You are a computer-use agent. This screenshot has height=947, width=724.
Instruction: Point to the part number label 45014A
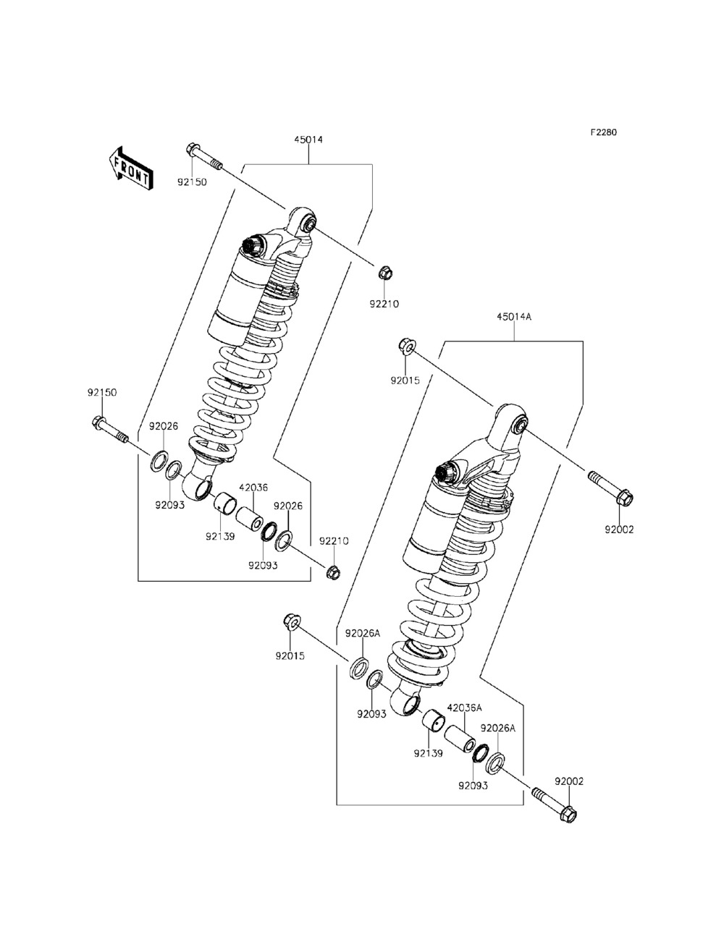tap(514, 316)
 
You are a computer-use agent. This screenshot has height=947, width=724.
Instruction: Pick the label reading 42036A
tap(464, 708)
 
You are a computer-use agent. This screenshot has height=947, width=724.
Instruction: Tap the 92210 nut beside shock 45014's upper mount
tap(384, 273)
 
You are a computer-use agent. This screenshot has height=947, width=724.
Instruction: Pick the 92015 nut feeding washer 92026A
tap(293, 622)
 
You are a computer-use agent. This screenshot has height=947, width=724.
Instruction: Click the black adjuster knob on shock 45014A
tap(443, 473)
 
